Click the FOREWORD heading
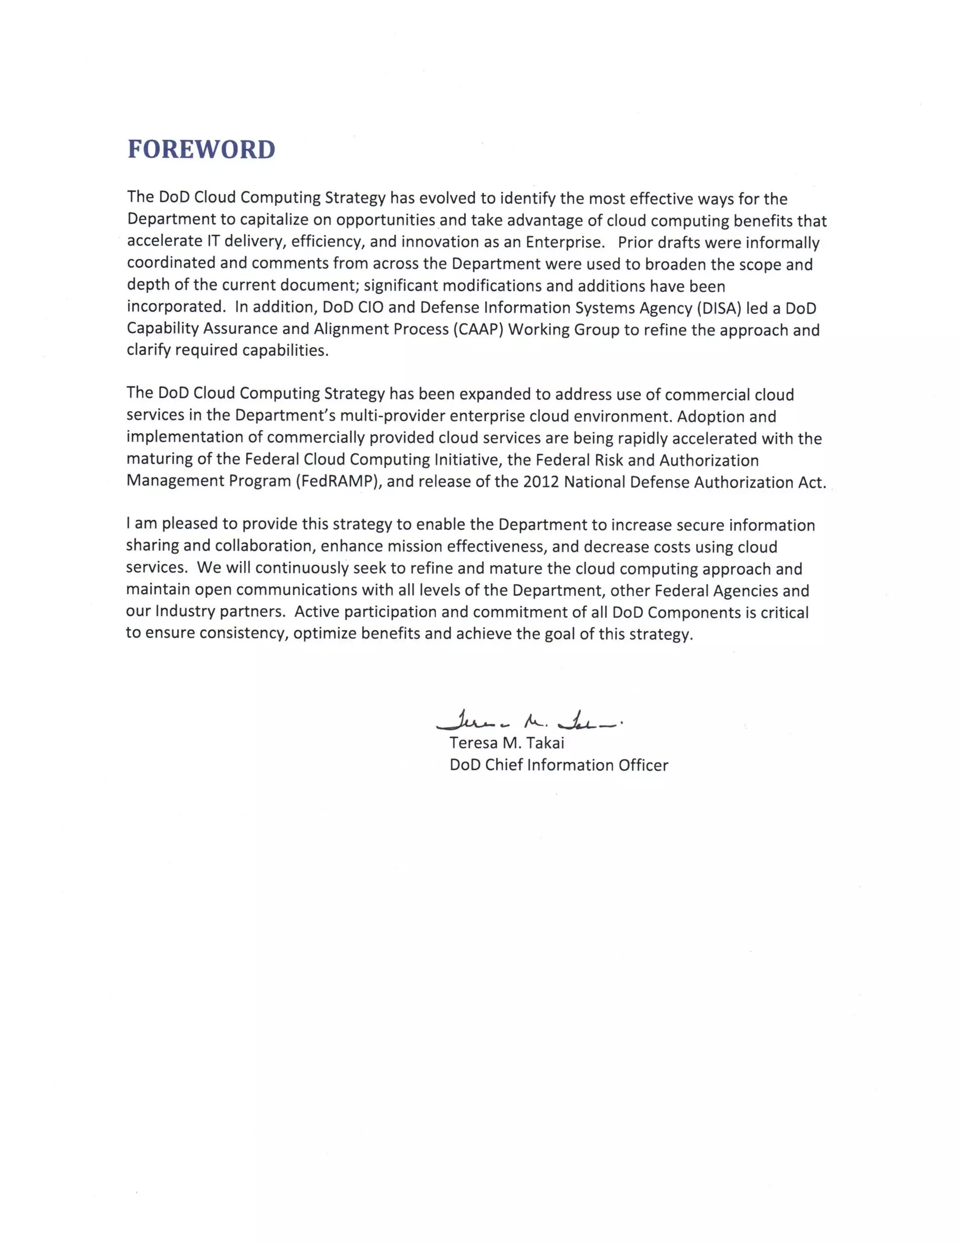tap(201, 150)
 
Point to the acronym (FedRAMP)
tap(338, 482)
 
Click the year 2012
tap(541, 482)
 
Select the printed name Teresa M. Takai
tap(507, 743)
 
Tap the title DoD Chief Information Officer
tap(558, 765)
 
